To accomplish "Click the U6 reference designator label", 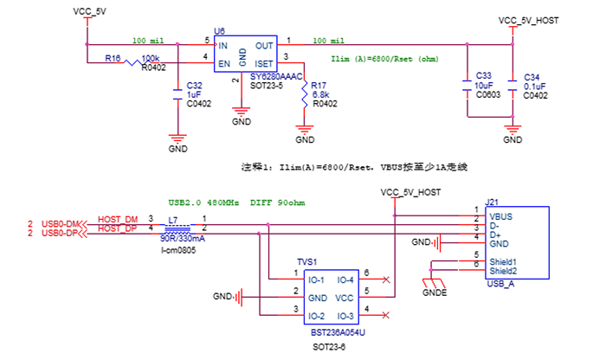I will point(219,31).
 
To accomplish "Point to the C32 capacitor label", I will point(194,86).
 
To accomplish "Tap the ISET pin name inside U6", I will point(266,63).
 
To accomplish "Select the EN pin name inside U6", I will point(223,63).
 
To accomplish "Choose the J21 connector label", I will point(491,202).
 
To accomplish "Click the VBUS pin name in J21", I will point(501,216).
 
